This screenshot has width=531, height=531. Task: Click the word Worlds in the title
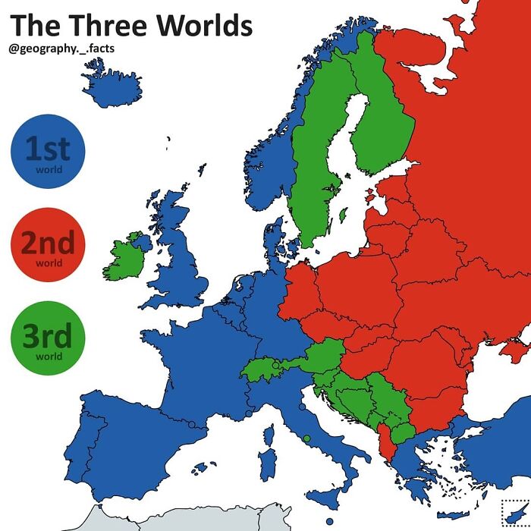pos(203,25)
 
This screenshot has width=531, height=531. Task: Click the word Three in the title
pos(107,25)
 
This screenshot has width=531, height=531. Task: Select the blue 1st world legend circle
pos(48,151)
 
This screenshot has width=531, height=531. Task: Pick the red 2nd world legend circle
pos(48,244)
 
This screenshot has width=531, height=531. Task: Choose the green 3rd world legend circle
pos(48,338)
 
